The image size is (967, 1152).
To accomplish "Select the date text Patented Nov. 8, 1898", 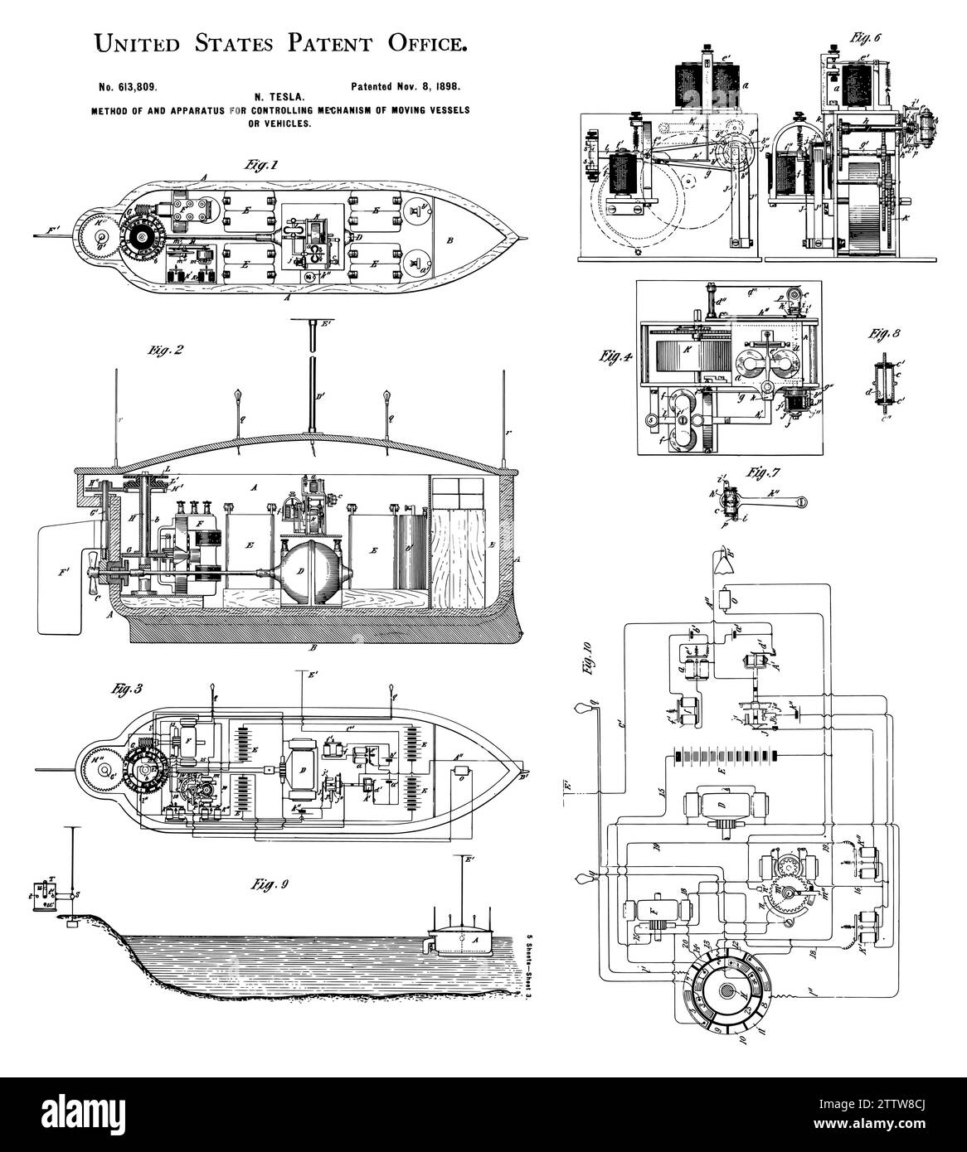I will pyautogui.click(x=405, y=85).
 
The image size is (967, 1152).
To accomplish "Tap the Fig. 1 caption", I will pyautogui.click(x=260, y=166).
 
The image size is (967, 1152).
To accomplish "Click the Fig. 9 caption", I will pyautogui.click(x=271, y=883).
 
